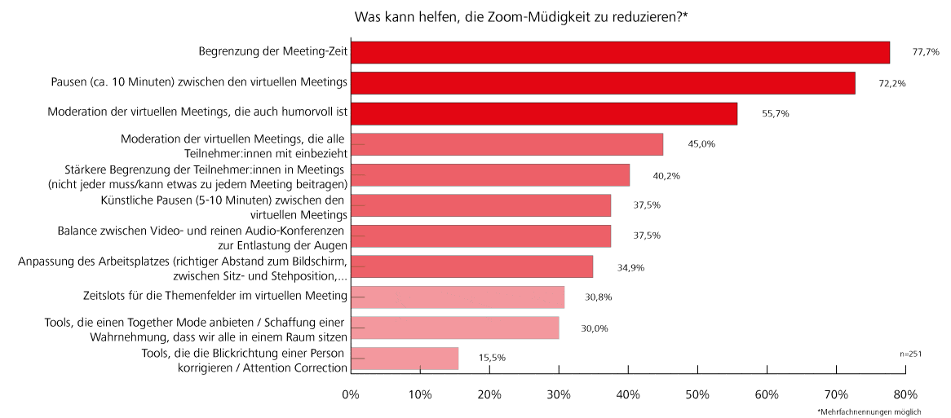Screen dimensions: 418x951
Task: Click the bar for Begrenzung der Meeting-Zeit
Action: pos(620,52)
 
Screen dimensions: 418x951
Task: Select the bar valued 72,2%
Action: pos(603,83)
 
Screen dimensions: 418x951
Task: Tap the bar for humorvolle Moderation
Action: pos(544,113)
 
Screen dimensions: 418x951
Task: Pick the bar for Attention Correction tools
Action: pos(405,359)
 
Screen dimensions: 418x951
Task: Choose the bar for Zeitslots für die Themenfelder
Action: pos(458,297)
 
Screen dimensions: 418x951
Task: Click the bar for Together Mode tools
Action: pos(455,328)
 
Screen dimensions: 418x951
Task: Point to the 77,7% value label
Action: pos(926,52)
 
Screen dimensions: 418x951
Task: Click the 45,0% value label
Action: pos(701,144)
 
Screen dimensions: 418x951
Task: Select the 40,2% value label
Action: pos(666,175)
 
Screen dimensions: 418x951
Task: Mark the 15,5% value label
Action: pos(493,359)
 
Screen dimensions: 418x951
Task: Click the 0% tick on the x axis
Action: pos(351,395)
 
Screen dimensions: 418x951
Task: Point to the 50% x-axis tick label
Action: pos(697,395)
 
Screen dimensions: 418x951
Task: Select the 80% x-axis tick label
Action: pos(905,395)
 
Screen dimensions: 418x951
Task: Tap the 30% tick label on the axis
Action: pos(559,395)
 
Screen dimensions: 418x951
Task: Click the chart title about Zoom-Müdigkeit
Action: pos(521,16)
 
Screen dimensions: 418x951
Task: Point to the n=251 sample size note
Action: pos(910,354)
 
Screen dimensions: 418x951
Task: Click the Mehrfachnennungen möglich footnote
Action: pos(869,412)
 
